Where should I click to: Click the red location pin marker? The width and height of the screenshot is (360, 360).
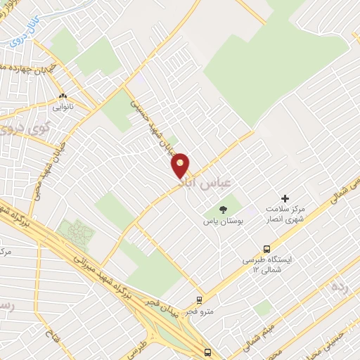coord(181,165)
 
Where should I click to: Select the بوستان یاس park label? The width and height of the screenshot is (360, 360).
coord(223,221)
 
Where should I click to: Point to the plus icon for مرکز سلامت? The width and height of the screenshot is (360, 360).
coord(285,199)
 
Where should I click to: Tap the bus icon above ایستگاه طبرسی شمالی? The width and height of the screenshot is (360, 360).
coord(266,248)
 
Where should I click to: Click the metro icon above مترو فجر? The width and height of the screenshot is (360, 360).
coord(200,300)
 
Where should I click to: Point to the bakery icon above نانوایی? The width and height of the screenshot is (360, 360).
coord(63,96)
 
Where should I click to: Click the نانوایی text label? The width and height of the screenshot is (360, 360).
coord(63,108)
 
